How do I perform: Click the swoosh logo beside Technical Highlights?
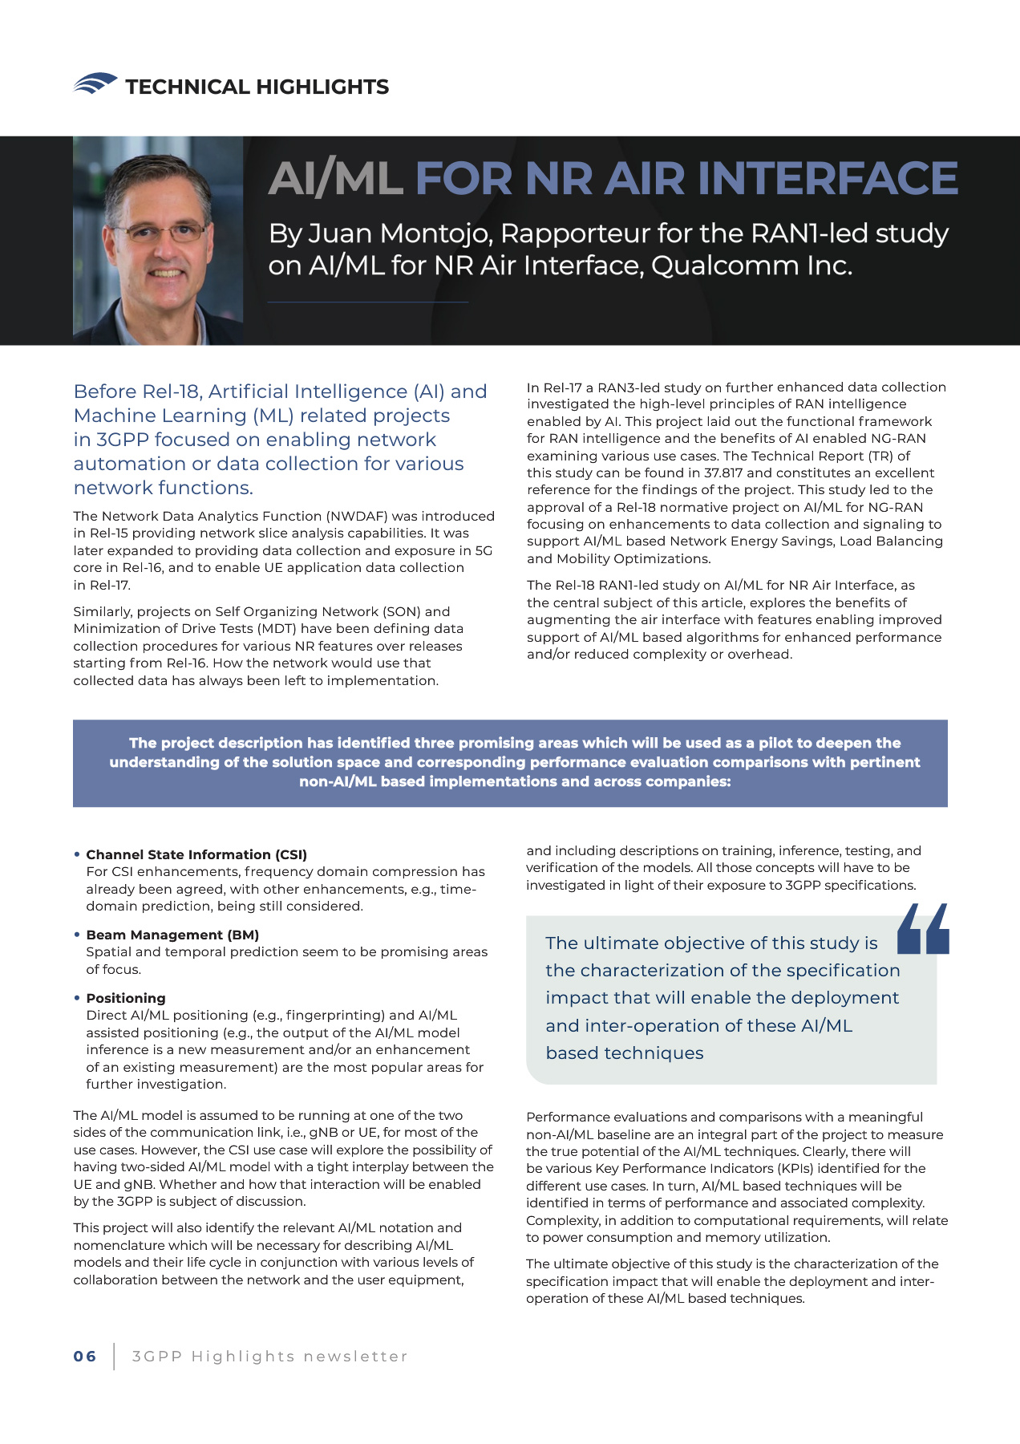pyautogui.click(x=95, y=83)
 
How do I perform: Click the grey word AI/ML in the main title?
pyautogui.click(x=335, y=178)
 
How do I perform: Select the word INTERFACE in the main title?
pyautogui.click(x=828, y=178)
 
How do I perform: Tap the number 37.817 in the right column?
pyautogui.click(x=723, y=473)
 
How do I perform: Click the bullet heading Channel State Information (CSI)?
pyautogui.click(x=196, y=854)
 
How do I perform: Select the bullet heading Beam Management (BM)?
pyautogui.click(x=172, y=935)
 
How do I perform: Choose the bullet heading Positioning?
pyautogui.click(x=126, y=998)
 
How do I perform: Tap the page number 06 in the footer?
pyautogui.click(x=85, y=1357)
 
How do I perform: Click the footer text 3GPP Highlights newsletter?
pyautogui.click(x=269, y=1357)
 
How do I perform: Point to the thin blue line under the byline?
pyautogui.click(x=368, y=302)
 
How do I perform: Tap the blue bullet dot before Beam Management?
pyautogui.click(x=77, y=935)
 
